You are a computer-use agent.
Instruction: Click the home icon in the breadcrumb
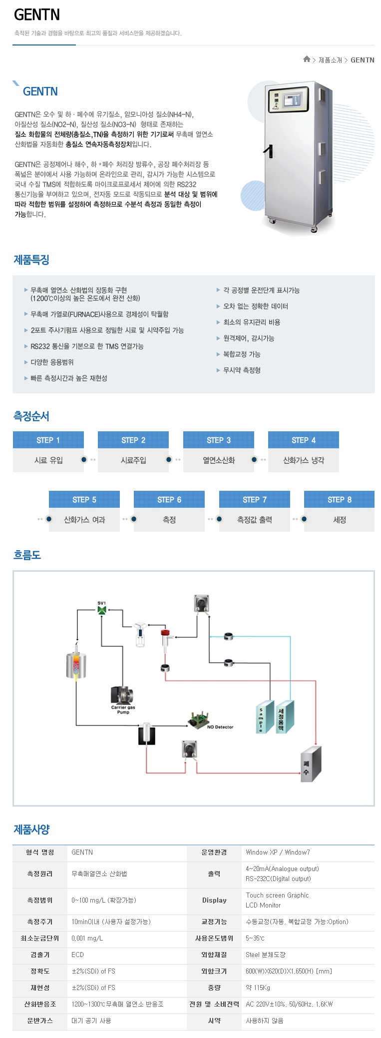click(307, 59)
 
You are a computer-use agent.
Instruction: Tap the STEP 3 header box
click(219, 440)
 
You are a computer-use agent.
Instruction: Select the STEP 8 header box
click(339, 499)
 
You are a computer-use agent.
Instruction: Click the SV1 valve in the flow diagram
click(102, 611)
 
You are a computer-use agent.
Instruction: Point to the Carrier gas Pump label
click(123, 710)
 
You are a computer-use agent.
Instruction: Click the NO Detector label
click(220, 727)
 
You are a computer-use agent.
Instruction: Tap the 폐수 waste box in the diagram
click(310, 763)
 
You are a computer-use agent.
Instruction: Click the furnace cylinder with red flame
click(76, 665)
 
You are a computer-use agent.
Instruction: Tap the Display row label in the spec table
click(214, 900)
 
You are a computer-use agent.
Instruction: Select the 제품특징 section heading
click(31, 260)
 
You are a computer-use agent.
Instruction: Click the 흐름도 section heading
click(27, 555)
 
